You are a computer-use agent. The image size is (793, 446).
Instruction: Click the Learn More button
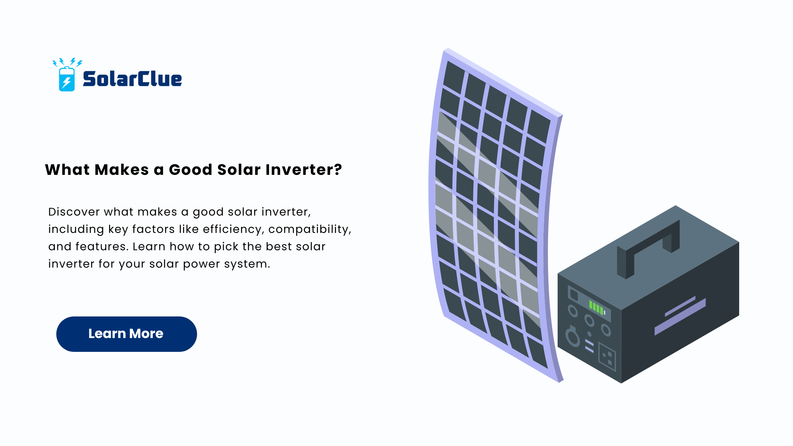tap(126, 334)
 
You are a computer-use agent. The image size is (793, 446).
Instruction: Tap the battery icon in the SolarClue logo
tap(67, 79)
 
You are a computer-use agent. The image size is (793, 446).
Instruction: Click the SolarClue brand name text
tap(132, 79)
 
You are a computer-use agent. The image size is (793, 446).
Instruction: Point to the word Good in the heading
tap(190, 170)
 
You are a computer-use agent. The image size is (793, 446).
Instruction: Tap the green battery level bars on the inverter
tap(597, 307)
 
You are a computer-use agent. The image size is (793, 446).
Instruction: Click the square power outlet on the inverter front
tap(607, 356)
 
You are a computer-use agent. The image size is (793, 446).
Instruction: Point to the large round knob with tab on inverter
tap(572, 336)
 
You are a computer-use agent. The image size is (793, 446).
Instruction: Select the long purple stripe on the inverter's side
tap(680, 317)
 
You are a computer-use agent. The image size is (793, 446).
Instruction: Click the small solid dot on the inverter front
tap(589, 333)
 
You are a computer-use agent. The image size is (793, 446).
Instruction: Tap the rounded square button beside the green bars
tap(574, 295)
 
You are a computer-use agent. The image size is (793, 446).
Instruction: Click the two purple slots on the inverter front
tap(589, 346)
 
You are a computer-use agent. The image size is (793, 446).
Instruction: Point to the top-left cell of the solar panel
tap(453, 77)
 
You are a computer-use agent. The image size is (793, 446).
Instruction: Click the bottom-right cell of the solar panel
tap(538, 352)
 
